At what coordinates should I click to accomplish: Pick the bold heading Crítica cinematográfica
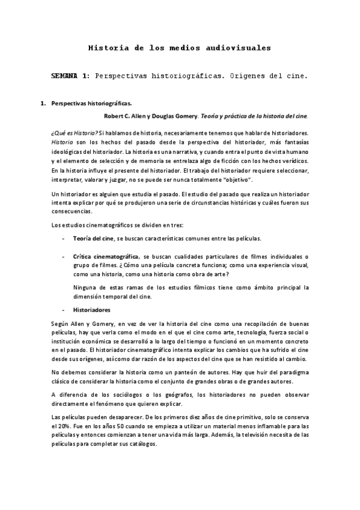tap(108, 256)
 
